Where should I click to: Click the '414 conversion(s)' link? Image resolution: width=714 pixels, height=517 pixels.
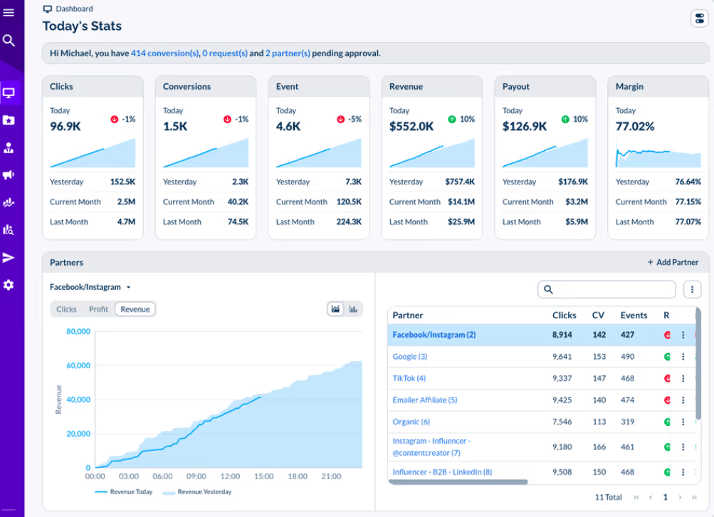tap(165, 53)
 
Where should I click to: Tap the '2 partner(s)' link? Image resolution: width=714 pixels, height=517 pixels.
tap(288, 53)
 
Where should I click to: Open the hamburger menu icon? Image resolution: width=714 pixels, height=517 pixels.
tap(9, 12)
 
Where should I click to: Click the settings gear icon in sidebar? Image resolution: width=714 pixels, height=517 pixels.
tap(9, 285)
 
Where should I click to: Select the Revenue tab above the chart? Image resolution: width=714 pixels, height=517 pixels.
tap(135, 309)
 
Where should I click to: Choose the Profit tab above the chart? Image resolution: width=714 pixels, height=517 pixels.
tap(98, 309)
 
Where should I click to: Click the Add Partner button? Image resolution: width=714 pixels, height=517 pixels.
tap(673, 262)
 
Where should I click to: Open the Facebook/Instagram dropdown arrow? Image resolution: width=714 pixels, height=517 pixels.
tap(128, 288)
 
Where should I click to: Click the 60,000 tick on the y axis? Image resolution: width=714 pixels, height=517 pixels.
tap(78, 365)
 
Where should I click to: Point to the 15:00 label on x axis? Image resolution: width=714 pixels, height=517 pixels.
tap(263, 476)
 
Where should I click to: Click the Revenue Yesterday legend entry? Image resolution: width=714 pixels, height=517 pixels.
tap(197, 492)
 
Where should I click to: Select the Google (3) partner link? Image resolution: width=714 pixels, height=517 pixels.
tap(410, 357)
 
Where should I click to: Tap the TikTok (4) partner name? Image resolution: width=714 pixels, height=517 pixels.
tap(409, 379)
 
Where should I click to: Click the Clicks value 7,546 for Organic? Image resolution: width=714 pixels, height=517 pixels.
tap(562, 422)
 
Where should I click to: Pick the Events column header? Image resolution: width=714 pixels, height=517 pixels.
tap(634, 315)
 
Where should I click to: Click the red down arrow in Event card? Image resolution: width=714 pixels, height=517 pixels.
tap(340, 120)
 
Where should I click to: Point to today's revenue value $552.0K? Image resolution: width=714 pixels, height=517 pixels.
tap(411, 126)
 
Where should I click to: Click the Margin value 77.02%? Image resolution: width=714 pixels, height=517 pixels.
tap(635, 126)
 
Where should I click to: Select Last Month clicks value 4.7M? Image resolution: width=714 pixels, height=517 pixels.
tap(126, 222)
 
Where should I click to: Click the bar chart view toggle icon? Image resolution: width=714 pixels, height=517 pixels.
tap(353, 309)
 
